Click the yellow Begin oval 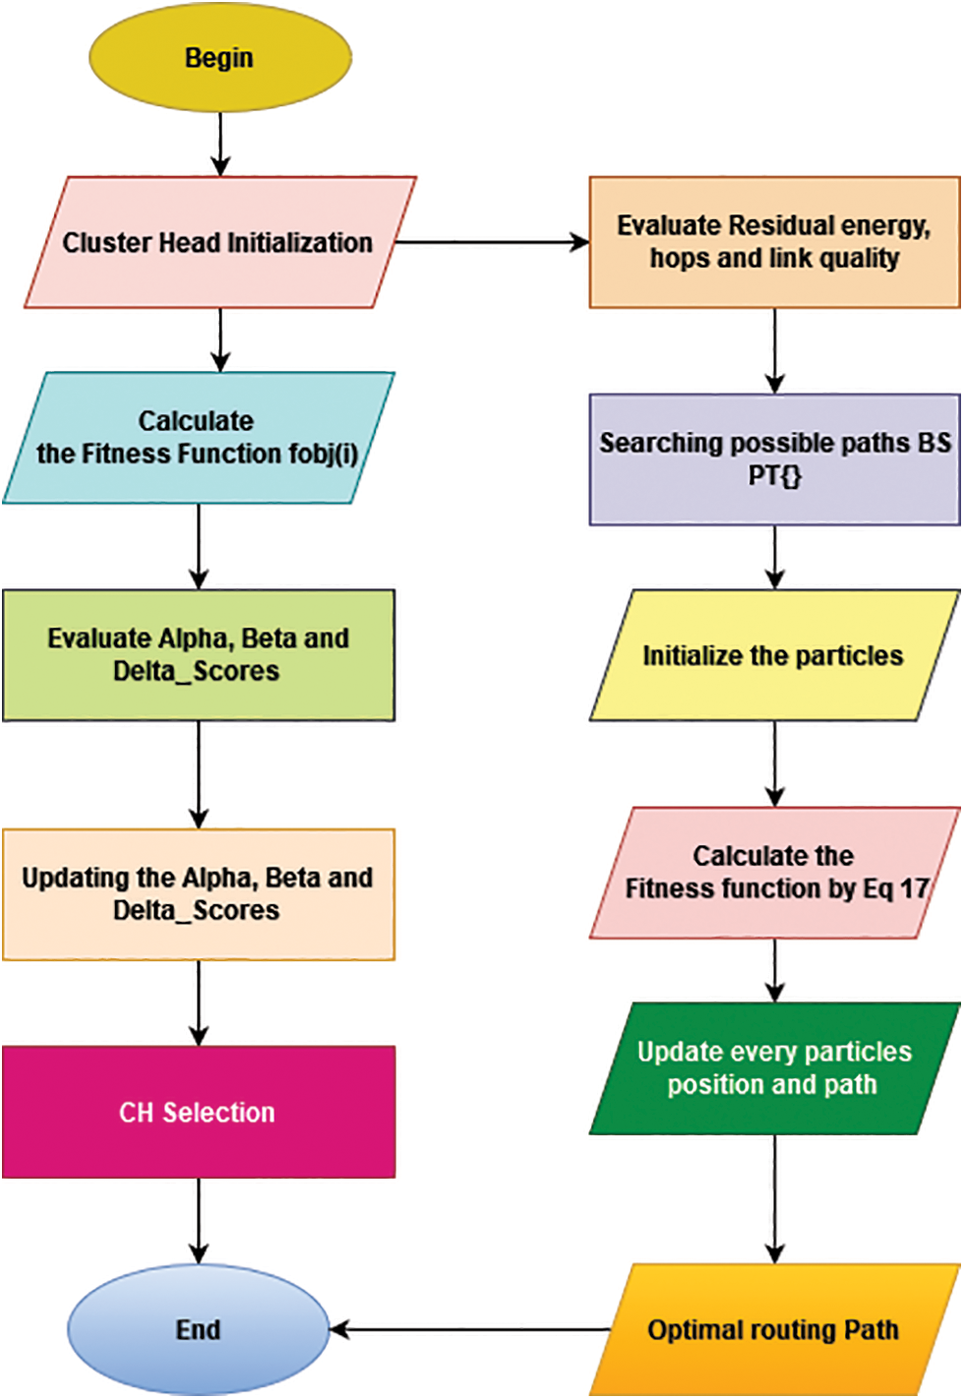click(x=219, y=57)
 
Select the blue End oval click(x=198, y=1329)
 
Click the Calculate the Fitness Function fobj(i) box click(x=198, y=438)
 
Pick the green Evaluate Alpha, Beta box click(x=198, y=655)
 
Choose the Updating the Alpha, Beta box click(x=198, y=893)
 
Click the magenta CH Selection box click(x=198, y=1112)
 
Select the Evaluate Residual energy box click(x=774, y=242)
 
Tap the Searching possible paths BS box click(x=774, y=459)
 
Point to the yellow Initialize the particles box click(x=774, y=655)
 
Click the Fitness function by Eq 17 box click(x=774, y=873)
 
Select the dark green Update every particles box click(x=774, y=1068)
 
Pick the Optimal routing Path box click(x=774, y=1329)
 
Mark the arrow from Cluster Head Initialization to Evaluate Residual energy click(x=492, y=242)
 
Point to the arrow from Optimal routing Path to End click(x=470, y=1329)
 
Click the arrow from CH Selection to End click(x=199, y=1220)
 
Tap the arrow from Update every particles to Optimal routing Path click(x=775, y=1198)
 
